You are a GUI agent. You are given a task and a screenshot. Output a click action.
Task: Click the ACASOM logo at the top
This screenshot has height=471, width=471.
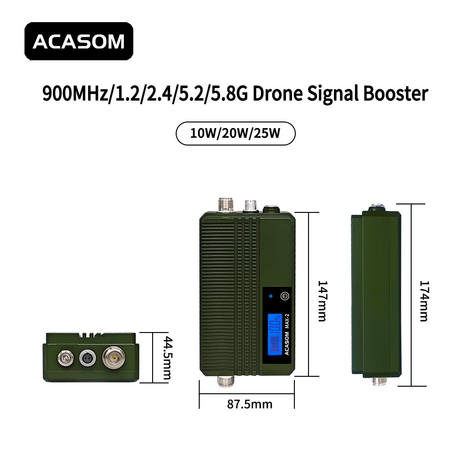79,41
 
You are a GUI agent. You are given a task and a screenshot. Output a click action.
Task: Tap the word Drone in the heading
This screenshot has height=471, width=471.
277,93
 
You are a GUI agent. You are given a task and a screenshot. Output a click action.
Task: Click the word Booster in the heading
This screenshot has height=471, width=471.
396,93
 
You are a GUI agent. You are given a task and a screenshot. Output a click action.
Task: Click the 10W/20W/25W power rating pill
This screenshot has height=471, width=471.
235,133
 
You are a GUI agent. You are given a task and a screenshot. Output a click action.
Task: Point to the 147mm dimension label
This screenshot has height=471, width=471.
322,301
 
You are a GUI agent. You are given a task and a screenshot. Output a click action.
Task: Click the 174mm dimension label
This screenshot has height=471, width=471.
424,301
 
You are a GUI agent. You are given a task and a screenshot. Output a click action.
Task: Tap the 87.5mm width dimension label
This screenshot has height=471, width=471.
250,404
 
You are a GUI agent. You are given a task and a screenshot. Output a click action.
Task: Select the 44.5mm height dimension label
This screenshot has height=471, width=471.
167,358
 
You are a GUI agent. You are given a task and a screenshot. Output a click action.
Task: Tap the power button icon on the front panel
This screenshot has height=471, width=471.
285,296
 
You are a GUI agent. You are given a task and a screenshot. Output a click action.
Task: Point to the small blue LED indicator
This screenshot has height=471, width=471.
271,296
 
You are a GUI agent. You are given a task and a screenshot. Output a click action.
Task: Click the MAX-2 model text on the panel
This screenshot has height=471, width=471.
287,321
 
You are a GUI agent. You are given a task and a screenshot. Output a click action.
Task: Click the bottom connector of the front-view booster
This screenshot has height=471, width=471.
226,381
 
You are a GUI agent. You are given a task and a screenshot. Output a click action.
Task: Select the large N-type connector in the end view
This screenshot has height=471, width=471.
114,358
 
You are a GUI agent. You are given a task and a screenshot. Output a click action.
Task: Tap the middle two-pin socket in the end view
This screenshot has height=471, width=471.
88,358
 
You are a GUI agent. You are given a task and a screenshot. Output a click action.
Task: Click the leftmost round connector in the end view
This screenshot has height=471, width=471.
65,357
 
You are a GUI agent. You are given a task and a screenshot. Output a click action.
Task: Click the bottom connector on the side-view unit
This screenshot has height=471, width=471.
379,381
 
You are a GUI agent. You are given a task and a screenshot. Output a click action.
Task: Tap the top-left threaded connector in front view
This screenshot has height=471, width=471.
226,204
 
